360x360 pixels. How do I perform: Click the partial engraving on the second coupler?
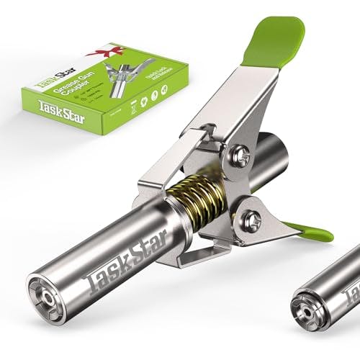click(349, 284)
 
